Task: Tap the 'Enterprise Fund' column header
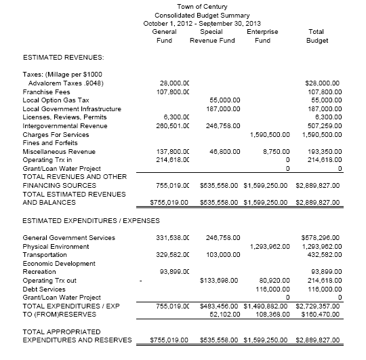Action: click(x=262, y=36)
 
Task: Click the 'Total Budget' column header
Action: click(x=316, y=36)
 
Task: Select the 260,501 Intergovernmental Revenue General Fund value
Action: click(x=171, y=125)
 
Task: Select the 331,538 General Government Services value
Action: click(x=171, y=238)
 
